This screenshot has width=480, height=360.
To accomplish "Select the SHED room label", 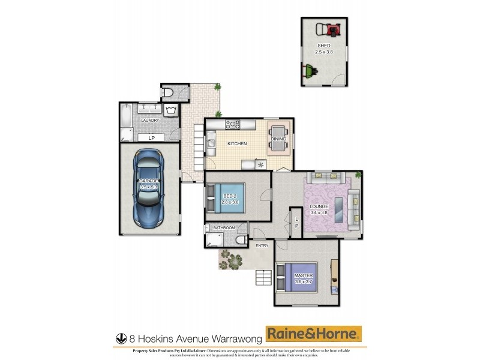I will (324, 45).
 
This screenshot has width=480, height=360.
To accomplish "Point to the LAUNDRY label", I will (149, 121).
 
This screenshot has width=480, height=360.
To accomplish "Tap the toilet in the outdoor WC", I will (170, 92).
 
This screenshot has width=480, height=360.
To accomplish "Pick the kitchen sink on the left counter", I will (212, 143).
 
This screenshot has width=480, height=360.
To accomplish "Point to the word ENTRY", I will (262, 245).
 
